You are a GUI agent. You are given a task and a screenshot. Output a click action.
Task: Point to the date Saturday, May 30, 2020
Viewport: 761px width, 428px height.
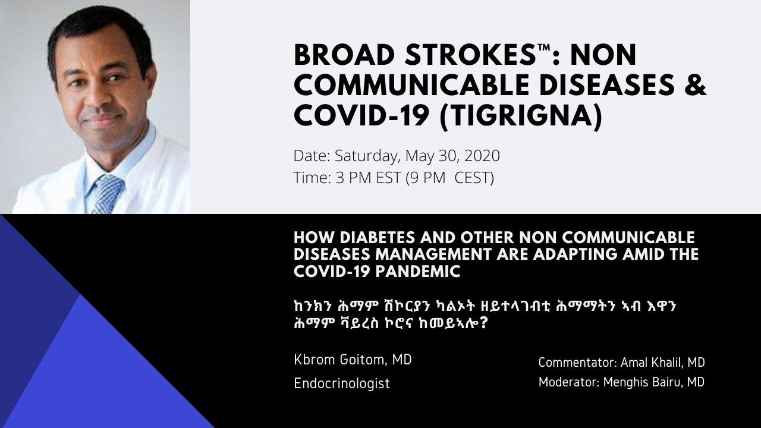click(x=417, y=156)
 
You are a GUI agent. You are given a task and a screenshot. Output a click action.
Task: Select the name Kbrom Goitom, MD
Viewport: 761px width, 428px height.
click(x=353, y=360)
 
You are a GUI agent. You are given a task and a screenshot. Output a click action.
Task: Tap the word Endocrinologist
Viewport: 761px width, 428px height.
click(x=342, y=383)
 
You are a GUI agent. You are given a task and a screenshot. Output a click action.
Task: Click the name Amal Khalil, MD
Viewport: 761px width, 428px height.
click(x=662, y=363)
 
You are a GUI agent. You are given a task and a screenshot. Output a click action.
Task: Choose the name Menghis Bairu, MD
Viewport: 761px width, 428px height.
click(x=653, y=382)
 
